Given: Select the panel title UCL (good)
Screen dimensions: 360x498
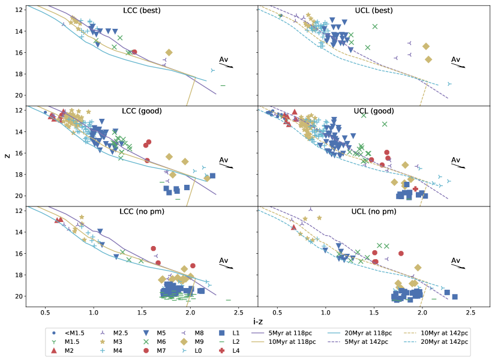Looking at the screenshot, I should pyautogui.click(x=374, y=111).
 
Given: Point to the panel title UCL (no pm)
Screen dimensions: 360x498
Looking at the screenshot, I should pyautogui.click(x=374, y=211).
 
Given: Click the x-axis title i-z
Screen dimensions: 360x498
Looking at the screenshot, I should pyautogui.click(x=257, y=321).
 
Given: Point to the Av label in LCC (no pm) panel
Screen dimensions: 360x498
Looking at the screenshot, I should pyautogui.click(x=224, y=260).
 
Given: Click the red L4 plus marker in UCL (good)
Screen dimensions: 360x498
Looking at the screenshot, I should pyautogui.click(x=415, y=189).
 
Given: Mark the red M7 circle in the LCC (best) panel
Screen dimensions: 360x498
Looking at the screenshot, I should pyautogui.click(x=134, y=52).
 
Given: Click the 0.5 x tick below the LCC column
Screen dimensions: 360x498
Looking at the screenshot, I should pyautogui.click(x=45, y=313).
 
